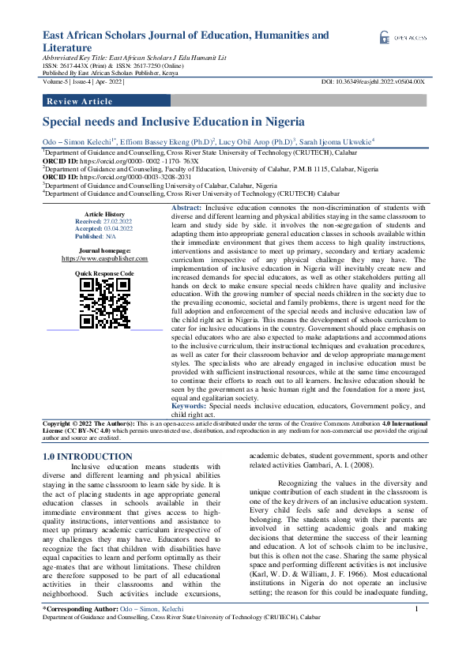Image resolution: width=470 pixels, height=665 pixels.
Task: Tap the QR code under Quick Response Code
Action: (104, 303)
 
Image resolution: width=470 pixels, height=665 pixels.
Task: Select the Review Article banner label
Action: (81, 102)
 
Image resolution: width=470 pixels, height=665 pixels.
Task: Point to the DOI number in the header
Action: (373, 82)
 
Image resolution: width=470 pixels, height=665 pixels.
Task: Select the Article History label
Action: (104, 214)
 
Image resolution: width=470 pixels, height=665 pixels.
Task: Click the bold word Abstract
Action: (186, 207)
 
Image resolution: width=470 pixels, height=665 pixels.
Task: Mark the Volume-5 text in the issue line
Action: (56, 82)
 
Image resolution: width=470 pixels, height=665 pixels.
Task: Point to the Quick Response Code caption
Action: (104, 272)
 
